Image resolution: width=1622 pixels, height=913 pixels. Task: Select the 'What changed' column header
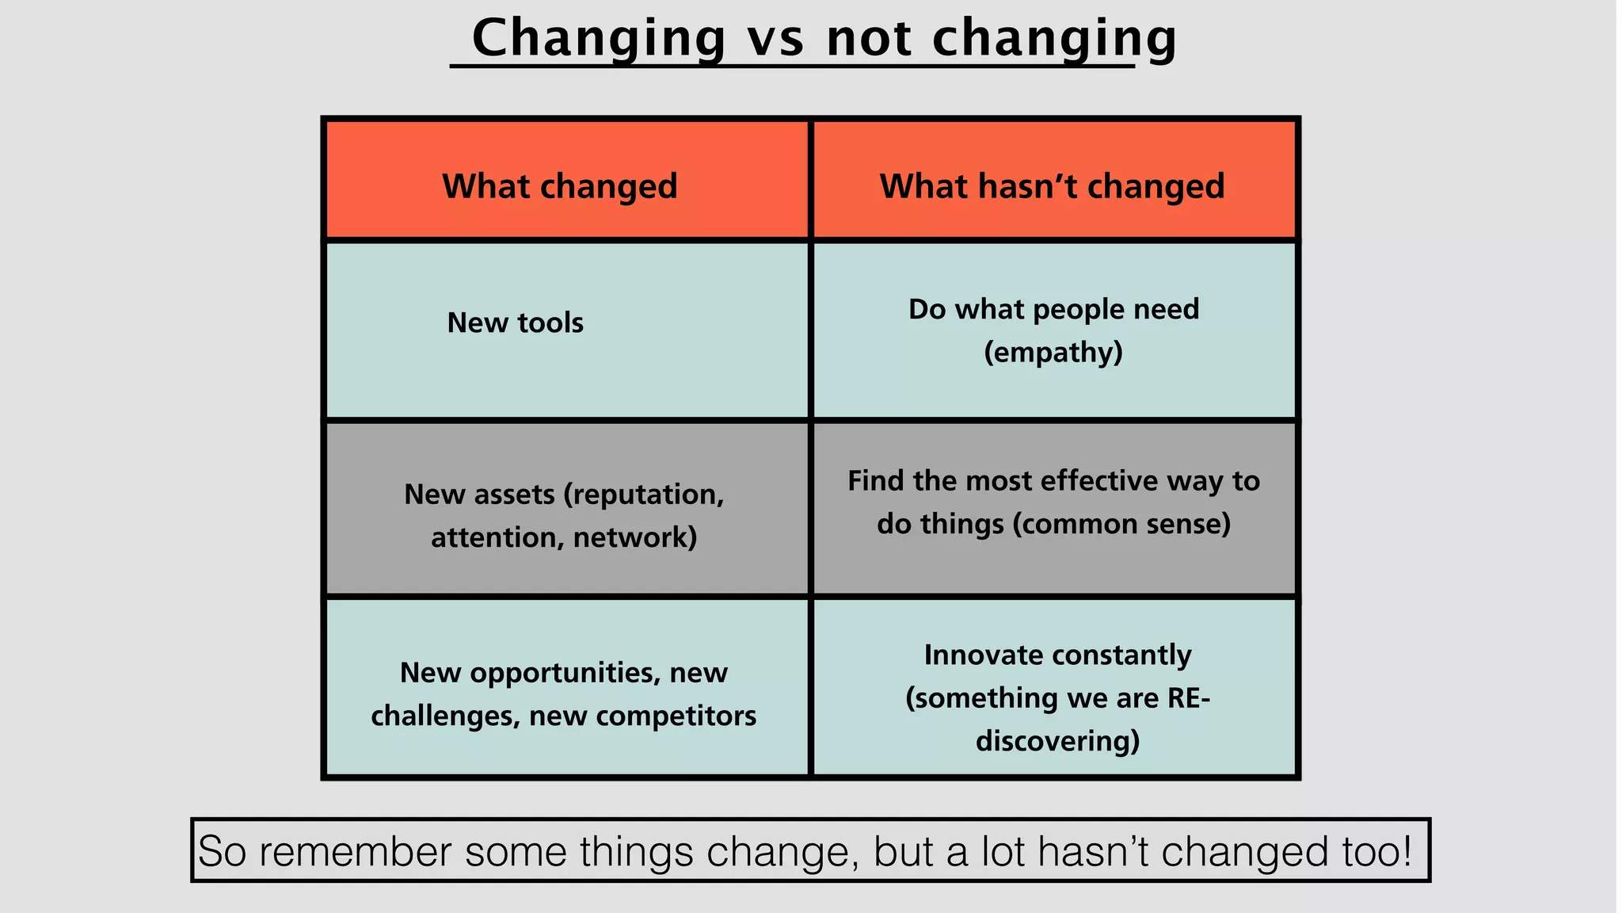click(x=560, y=186)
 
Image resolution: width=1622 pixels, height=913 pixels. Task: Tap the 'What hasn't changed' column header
click(x=1052, y=186)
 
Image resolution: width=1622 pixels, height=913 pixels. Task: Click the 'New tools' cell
click(x=515, y=323)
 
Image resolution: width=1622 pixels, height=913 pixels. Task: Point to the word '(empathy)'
click(x=1053, y=352)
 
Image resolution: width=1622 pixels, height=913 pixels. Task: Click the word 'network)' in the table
click(x=635, y=537)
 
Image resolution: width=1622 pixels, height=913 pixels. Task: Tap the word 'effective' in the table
click(x=1099, y=481)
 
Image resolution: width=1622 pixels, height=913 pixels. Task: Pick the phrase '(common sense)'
click(x=1121, y=524)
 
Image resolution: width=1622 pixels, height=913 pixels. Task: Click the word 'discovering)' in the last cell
click(x=1057, y=741)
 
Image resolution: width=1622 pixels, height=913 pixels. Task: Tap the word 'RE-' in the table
click(x=1188, y=698)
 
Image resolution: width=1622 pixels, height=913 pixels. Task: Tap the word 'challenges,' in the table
click(x=446, y=716)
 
